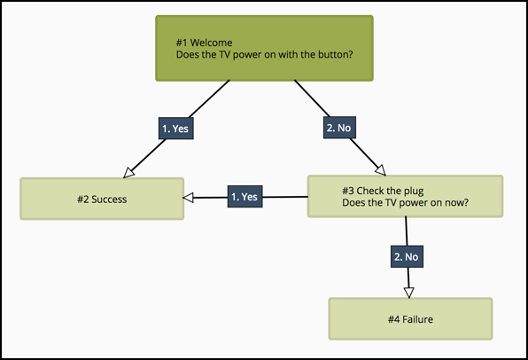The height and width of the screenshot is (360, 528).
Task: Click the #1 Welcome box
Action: coord(264,48)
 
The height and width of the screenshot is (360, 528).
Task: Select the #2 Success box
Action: coord(102,199)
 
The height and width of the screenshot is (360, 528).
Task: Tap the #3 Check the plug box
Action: coord(405,196)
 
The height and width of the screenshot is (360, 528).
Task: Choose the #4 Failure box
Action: coord(410,319)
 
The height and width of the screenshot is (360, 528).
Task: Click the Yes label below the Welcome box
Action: coord(176,129)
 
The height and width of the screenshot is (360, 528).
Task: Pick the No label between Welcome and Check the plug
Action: coord(339,128)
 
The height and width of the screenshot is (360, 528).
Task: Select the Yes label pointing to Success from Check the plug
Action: coord(245,197)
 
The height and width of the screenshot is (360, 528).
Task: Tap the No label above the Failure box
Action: coord(407,257)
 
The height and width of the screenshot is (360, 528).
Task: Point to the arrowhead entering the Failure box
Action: coord(408,293)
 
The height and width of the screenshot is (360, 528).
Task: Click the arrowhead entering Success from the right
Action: coord(188,198)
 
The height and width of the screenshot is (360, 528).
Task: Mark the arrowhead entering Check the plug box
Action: coord(381,170)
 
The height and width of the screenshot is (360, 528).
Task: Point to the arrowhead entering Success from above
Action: coord(128,173)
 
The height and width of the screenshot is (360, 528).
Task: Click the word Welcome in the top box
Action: coord(211,43)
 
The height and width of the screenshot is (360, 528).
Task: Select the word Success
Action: coord(109,200)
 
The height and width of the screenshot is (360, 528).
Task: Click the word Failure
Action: coord(417,319)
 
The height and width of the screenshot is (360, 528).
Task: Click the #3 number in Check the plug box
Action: coord(348,191)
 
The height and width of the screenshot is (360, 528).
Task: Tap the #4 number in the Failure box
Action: coord(393,319)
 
